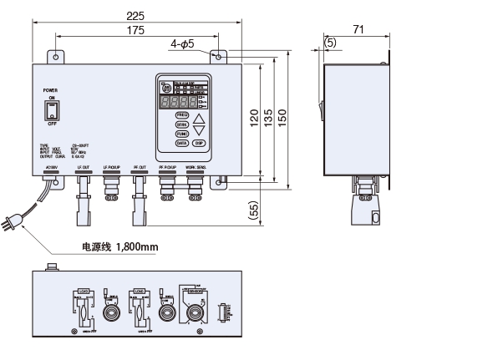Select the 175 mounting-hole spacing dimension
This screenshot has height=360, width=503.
134,31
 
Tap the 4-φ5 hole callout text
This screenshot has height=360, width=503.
182,43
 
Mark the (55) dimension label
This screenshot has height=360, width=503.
254,210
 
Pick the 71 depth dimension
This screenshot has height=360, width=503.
358,30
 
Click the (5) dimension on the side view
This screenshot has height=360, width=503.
330,41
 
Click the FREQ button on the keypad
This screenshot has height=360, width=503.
181,114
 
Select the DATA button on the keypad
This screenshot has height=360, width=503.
181,143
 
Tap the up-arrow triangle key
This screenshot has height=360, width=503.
199,117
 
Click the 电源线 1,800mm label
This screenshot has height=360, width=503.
119,247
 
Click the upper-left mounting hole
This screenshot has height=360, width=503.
56,57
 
